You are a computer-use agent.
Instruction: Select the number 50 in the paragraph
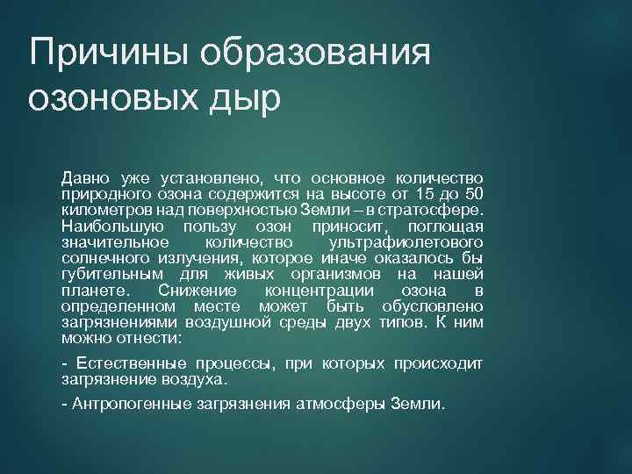[x=472, y=193]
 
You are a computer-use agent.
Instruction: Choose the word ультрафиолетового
[x=405, y=241]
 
